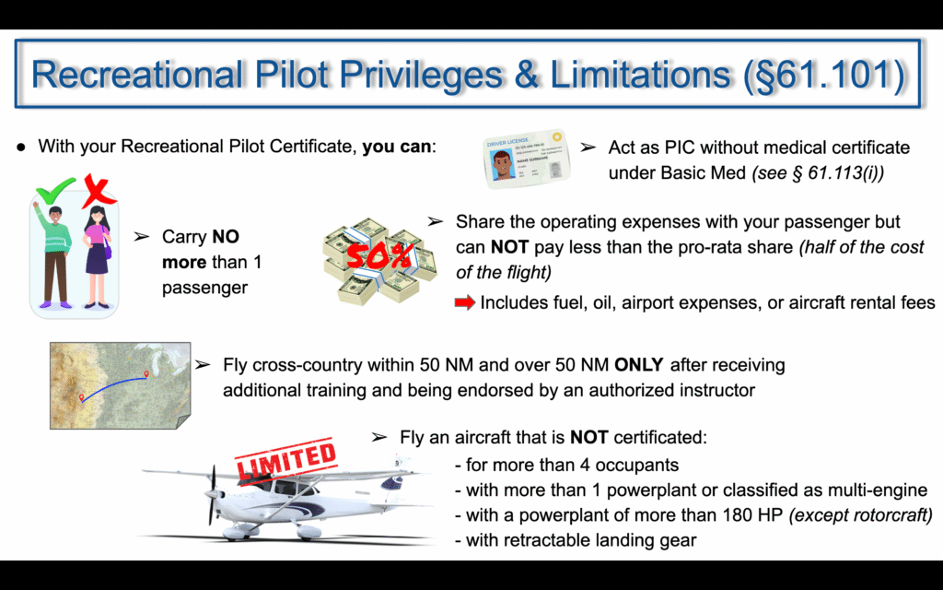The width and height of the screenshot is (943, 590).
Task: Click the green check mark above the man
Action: coord(54,191)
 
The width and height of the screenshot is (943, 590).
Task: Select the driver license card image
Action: coord(526,159)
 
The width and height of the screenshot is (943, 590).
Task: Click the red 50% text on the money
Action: coord(378,257)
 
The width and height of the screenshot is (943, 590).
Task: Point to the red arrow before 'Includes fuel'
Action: coord(465,302)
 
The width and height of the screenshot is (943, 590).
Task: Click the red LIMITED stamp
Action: coord(285,461)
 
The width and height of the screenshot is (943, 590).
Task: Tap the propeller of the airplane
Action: coord(213,495)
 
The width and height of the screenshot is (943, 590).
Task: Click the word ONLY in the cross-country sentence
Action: coord(639,365)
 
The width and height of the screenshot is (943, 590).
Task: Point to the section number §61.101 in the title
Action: coord(825,75)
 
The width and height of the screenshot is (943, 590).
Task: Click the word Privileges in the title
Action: coord(419,75)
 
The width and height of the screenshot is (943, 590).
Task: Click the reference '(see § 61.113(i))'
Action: coord(818,172)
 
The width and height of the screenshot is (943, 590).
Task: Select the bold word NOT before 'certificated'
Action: coord(588,437)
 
